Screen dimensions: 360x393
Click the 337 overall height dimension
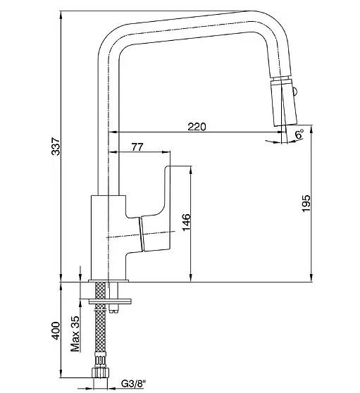coord(56,146)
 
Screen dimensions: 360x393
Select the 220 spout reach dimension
coord(197,127)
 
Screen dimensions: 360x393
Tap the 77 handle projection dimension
coord(137,147)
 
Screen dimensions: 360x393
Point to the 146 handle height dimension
coord(186,223)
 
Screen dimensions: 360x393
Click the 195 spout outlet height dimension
coord(306,204)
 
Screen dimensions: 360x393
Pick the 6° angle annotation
coord(299,134)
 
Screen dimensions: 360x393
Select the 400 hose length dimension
coord(56,331)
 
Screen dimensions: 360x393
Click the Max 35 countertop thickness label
coord(75,334)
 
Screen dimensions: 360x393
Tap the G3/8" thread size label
coord(133,383)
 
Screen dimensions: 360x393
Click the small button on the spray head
coord(294,91)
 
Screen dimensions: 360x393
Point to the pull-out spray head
coord(283,102)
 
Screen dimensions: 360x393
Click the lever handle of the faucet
coord(155,208)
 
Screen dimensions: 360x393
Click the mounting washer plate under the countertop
coord(111,301)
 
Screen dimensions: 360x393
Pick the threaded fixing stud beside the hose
coord(114,297)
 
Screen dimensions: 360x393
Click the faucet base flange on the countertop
coord(108,280)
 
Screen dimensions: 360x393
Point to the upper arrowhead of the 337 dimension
coord(61,15)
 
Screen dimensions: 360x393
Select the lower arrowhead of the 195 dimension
coord(311,277)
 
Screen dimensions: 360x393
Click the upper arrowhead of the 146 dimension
coord(191,170)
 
